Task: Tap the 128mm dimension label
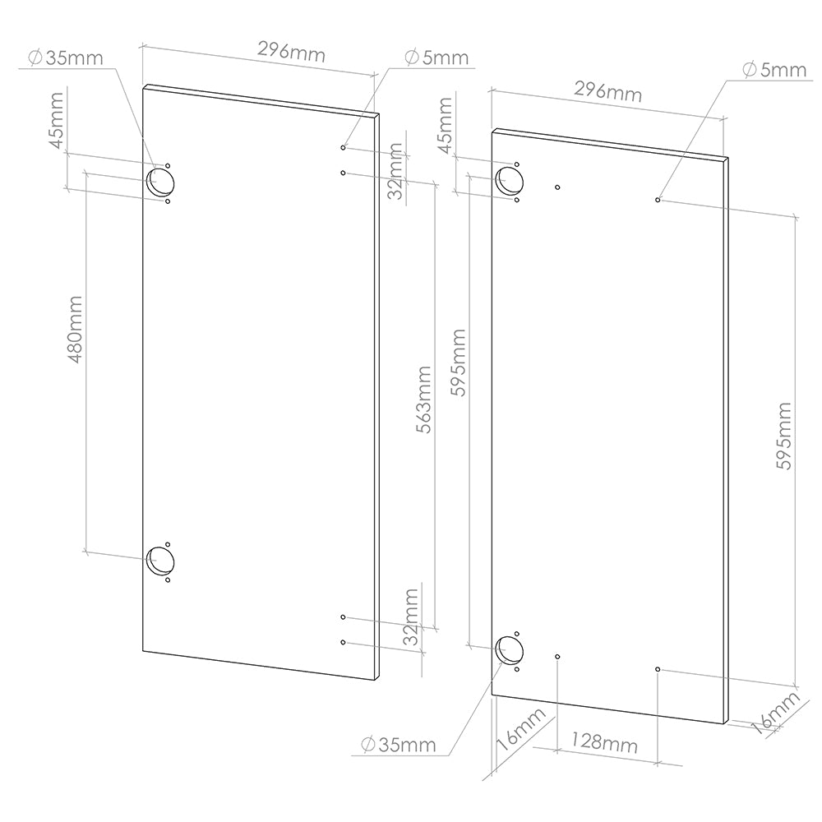607,745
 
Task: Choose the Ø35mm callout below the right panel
399,745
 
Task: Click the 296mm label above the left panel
291,53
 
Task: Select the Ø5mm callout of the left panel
436,58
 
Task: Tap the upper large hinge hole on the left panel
159,182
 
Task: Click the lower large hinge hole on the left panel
159,561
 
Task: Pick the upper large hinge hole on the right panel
509,181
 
